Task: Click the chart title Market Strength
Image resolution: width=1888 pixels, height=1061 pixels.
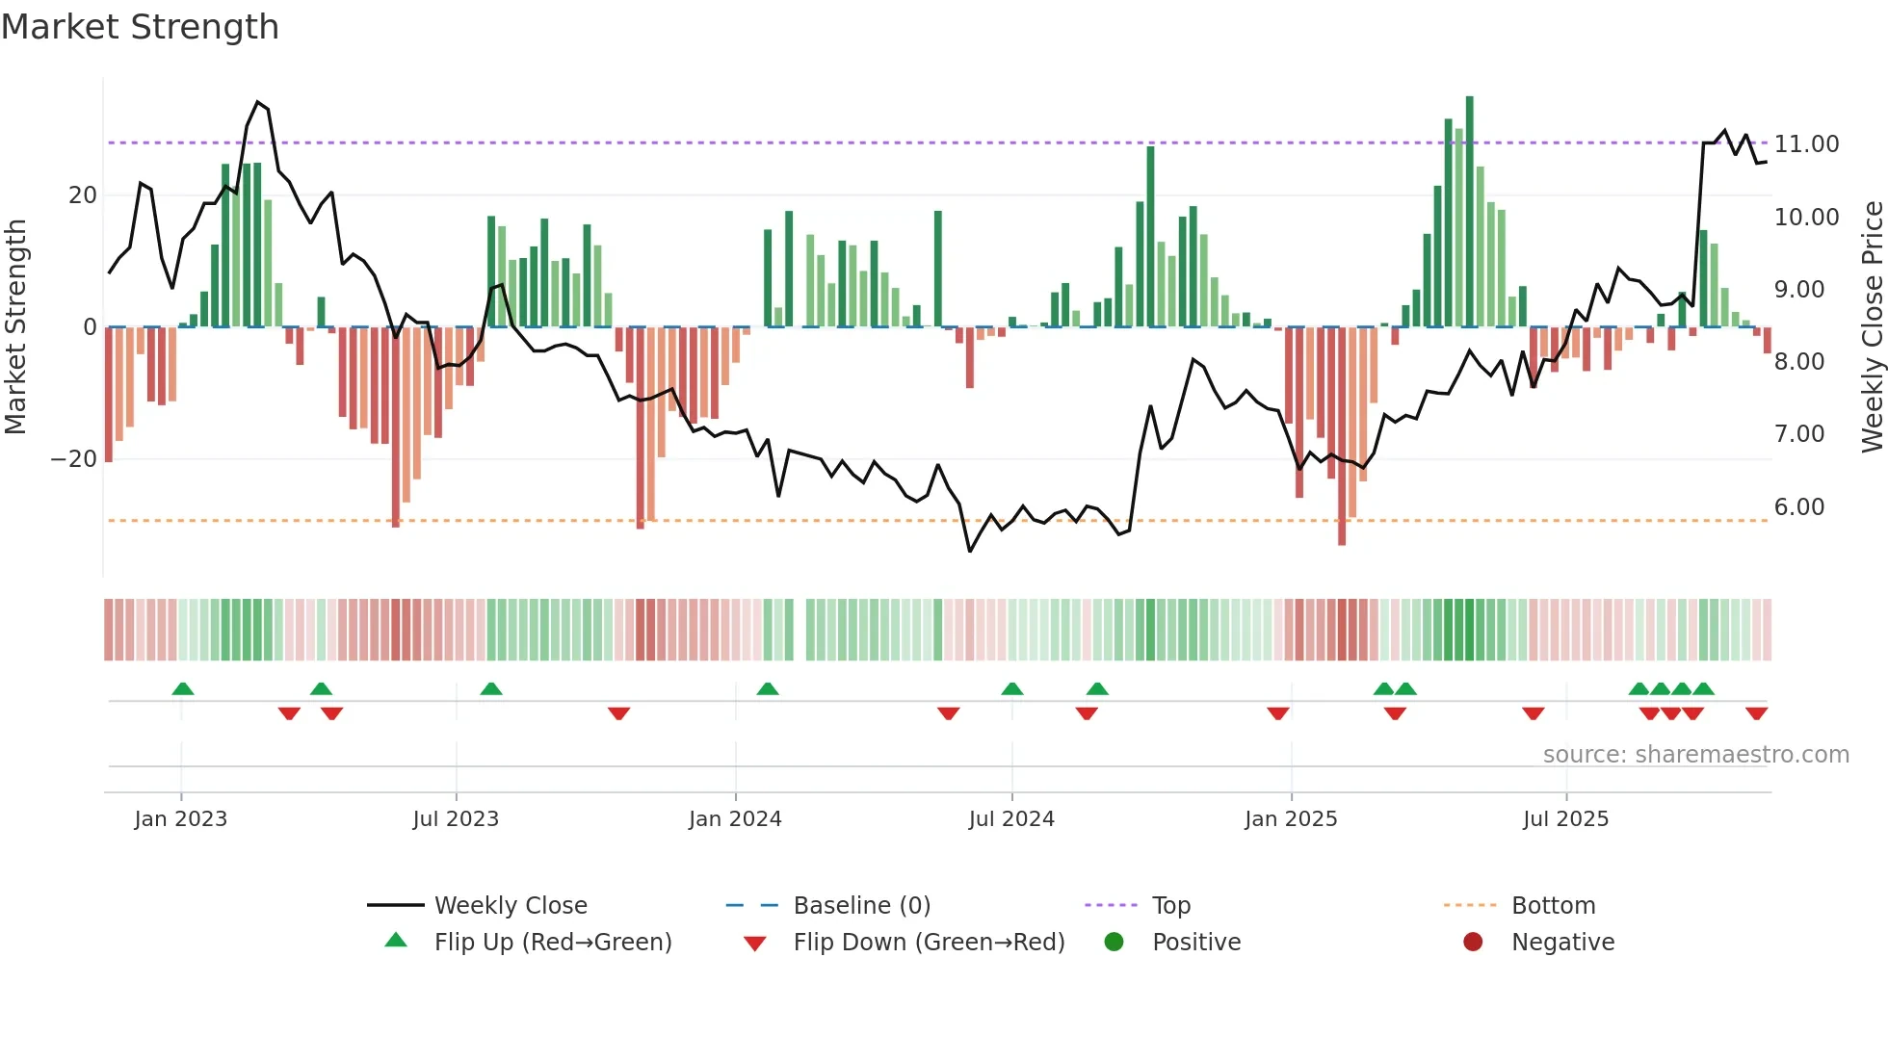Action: point(140,27)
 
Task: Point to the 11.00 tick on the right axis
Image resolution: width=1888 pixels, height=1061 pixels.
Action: point(1806,144)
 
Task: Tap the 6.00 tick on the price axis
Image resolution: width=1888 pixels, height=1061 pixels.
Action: point(1798,507)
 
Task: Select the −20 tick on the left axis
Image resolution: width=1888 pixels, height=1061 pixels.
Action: point(74,459)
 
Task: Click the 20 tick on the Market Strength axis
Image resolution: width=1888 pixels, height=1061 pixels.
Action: point(83,195)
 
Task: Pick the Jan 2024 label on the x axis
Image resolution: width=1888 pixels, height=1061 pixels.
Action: point(735,819)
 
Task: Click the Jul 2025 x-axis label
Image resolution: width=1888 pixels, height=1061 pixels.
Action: point(1565,819)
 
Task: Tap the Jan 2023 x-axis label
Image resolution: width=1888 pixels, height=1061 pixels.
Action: point(181,819)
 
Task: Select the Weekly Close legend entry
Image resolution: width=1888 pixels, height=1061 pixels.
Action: point(510,906)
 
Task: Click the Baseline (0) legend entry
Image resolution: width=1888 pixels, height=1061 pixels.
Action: point(861,906)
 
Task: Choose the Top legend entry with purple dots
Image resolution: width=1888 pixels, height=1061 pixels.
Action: point(1170,906)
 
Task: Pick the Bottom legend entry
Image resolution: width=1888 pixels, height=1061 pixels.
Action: point(1553,906)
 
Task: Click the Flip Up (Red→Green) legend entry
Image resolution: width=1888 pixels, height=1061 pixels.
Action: point(552,943)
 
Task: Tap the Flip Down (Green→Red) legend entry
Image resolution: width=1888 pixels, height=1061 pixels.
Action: point(929,943)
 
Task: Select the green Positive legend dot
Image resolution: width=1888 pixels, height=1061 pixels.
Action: point(1114,943)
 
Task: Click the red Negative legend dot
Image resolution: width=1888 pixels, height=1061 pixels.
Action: point(1473,943)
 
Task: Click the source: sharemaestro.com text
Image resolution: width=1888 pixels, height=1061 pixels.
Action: point(1695,755)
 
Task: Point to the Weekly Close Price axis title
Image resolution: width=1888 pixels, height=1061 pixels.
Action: point(1872,327)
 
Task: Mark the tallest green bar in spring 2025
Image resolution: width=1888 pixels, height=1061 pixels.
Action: point(1470,212)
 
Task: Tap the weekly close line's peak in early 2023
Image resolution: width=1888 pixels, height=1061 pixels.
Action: point(257,102)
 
